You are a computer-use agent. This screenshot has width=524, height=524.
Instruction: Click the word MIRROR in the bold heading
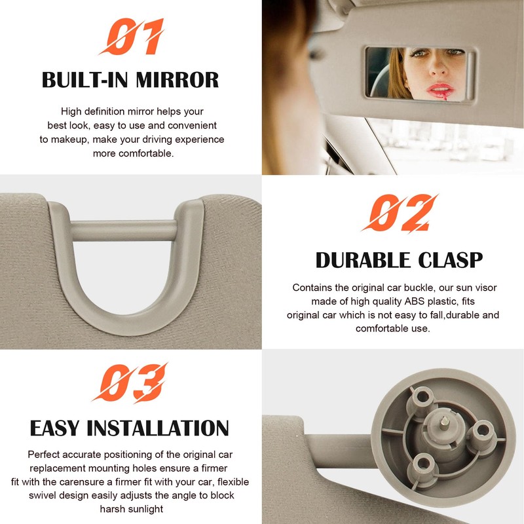pyautogui.click(x=178, y=80)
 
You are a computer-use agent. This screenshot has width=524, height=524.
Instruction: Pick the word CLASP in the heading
pyautogui.click(x=453, y=260)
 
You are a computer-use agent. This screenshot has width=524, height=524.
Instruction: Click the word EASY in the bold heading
pyautogui.click(x=56, y=428)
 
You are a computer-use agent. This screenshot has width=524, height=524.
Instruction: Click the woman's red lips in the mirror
pyautogui.click(x=440, y=89)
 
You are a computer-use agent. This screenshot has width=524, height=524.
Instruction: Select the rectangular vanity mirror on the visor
pyautogui.click(x=419, y=72)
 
